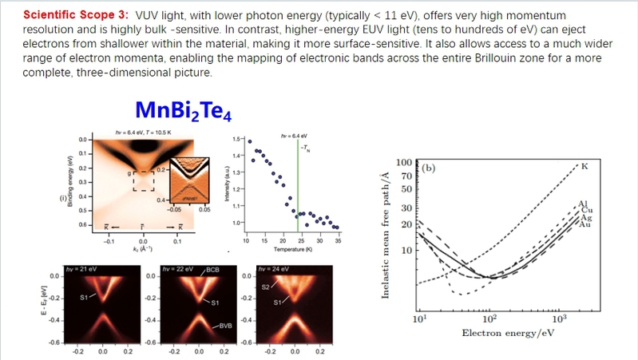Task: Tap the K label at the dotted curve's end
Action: pyautogui.click(x=585, y=166)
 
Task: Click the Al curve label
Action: pyautogui.click(x=582, y=204)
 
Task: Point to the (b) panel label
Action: pyautogui.click(x=428, y=168)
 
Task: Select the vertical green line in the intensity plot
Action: pyautogui.click(x=297, y=184)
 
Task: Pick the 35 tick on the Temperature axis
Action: pyautogui.click(x=338, y=240)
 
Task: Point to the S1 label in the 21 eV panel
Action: pyautogui.click(x=82, y=296)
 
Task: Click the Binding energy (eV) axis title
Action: pyautogui.click(x=70, y=184)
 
